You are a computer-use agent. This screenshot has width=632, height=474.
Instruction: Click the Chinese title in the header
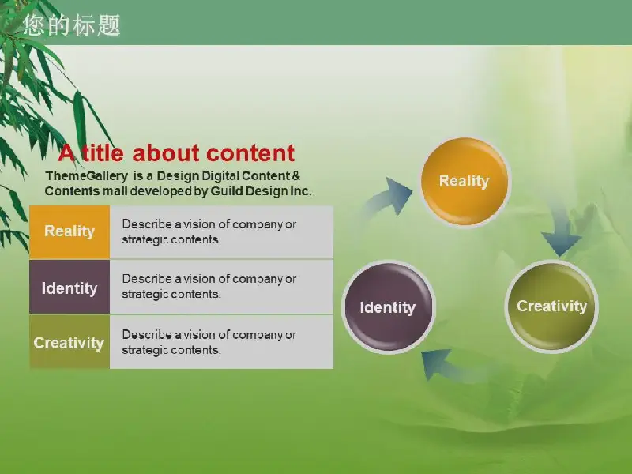pos(72,25)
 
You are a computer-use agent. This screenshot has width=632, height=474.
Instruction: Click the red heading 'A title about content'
pos(176,153)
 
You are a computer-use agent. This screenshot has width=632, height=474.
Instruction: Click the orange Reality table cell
pos(70,231)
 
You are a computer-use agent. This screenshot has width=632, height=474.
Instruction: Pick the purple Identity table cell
pos(70,287)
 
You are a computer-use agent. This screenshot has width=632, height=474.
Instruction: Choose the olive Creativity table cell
pos(70,342)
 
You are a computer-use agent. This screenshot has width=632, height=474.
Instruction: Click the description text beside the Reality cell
pos(209,231)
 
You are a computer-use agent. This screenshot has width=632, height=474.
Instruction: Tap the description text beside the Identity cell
pos(209,287)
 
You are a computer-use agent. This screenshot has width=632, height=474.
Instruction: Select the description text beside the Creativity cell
pos(209,342)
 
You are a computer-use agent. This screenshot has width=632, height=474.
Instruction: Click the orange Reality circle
pos(465,182)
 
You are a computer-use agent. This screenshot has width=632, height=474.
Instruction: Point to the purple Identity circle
pos(388,307)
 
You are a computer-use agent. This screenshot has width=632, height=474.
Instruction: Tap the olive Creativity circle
pos(551,306)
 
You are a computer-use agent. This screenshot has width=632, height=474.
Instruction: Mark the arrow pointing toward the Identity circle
pos(447,366)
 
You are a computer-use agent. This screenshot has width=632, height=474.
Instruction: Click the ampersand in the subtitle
pos(295,176)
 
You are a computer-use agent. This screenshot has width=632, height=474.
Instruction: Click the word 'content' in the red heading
pos(250,153)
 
